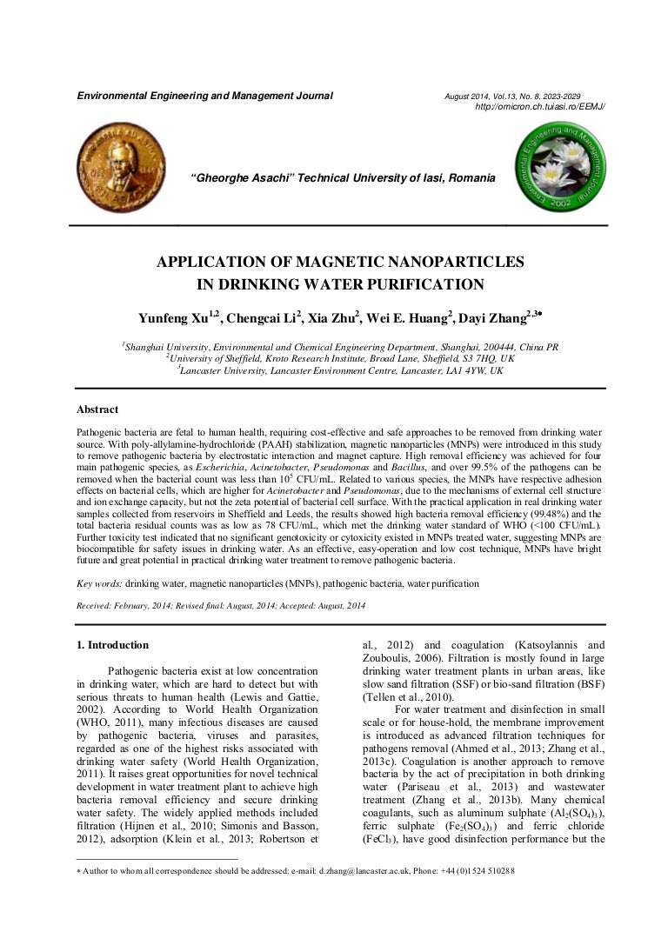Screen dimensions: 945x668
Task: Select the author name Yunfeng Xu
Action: tap(174, 317)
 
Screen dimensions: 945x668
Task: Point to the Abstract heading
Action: tap(97, 409)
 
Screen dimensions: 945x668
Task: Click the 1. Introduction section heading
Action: tap(113, 645)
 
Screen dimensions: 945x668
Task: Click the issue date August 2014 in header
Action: tap(470, 96)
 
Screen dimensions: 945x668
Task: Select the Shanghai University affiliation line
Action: tap(340, 346)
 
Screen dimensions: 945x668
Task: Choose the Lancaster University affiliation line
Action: tap(340, 370)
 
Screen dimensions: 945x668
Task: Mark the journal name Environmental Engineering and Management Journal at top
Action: tap(205, 96)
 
